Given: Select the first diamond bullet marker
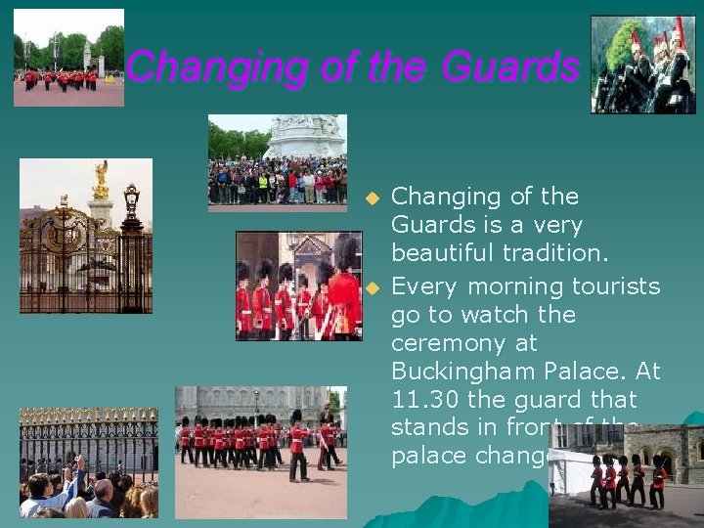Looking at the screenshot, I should (x=371, y=198).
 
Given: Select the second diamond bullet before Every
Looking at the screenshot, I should (x=371, y=287).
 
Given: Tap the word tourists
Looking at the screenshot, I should (x=615, y=286).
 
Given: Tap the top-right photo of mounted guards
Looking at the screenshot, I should (x=642, y=65).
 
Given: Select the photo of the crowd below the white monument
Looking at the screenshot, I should (x=277, y=162).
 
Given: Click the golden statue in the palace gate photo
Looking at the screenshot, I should (x=100, y=180).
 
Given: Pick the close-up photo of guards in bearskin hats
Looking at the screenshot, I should (x=298, y=286).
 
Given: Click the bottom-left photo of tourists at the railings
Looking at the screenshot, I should (x=88, y=462).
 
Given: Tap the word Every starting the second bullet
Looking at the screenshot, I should (x=425, y=286).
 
